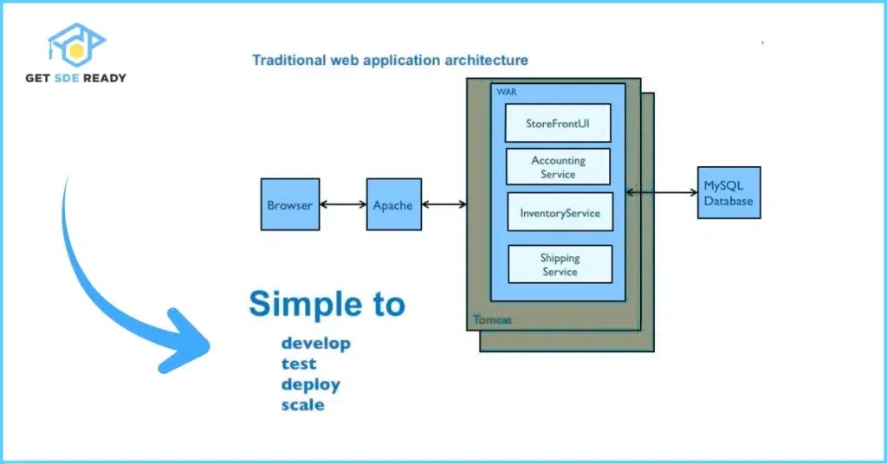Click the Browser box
(x=289, y=205)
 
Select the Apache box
(x=393, y=205)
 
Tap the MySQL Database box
(x=728, y=192)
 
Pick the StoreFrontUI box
(x=558, y=123)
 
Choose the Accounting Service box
(x=558, y=167)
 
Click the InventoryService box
(x=560, y=212)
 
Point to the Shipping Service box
(x=560, y=264)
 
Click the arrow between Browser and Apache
(x=342, y=205)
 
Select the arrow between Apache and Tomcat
(x=443, y=205)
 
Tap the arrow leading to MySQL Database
(x=661, y=192)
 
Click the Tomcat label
(x=492, y=319)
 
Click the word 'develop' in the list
(x=315, y=344)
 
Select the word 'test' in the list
(x=298, y=364)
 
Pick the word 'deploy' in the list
(x=310, y=385)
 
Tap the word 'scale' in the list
(x=302, y=405)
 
